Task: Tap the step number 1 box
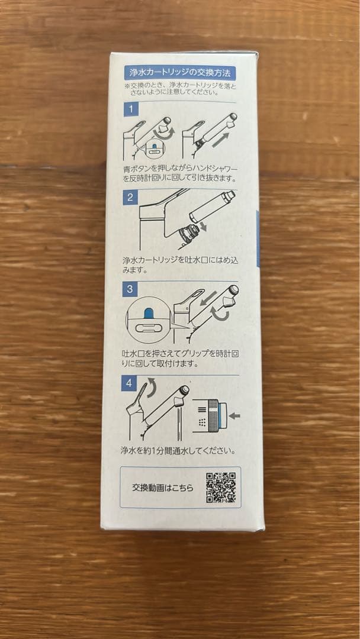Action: tap(131, 109)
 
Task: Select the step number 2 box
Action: tap(130, 197)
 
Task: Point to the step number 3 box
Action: tap(130, 290)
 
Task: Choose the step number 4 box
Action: tap(130, 383)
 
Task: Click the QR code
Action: tap(221, 488)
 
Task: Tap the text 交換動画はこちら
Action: tap(162, 488)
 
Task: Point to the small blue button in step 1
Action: tap(155, 147)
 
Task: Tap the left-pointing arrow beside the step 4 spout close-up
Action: tap(234, 416)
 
